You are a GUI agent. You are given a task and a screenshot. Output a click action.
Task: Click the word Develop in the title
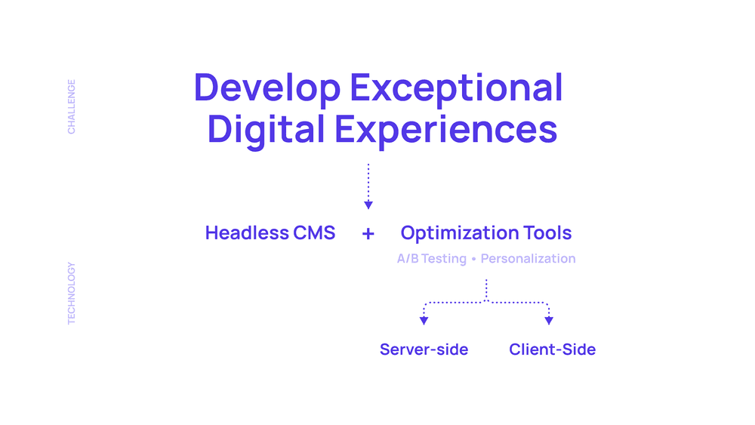[267, 88]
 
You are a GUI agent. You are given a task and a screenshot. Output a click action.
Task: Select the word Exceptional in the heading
[456, 88]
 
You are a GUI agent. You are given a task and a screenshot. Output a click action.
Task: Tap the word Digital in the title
[266, 130]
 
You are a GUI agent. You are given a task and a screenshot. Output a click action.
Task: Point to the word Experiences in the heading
[446, 130]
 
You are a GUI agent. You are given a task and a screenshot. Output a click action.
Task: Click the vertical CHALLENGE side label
[71, 107]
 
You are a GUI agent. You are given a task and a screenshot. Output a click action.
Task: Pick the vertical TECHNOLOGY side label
[71, 293]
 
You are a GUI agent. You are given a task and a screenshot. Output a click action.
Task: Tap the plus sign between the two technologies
[368, 234]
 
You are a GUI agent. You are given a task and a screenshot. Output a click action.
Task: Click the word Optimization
[459, 233]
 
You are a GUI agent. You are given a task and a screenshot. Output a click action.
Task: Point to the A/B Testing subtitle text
[431, 259]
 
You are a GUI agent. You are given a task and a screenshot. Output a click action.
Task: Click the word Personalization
[528, 258]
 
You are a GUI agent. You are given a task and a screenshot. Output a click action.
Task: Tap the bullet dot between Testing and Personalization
[474, 259]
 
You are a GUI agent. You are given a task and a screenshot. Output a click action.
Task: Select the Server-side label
[424, 350]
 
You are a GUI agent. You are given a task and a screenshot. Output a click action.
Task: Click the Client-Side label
[553, 350]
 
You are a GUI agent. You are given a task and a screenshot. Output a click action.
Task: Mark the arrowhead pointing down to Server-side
[424, 321]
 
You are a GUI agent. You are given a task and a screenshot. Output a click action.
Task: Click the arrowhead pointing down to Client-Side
[549, 321]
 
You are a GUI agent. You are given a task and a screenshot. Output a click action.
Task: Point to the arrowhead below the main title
[368, 205]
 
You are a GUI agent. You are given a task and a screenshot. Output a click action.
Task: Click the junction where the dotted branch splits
[486, 302]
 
